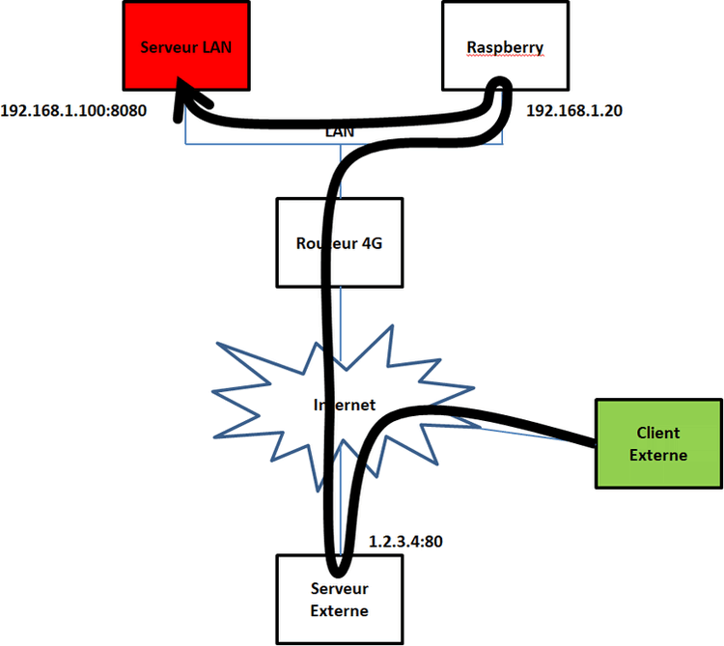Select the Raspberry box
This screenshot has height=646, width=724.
505,43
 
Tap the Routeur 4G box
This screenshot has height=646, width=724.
339,242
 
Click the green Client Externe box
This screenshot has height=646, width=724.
657,443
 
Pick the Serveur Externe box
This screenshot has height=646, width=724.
339,599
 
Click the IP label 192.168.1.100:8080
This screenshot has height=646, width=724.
73,110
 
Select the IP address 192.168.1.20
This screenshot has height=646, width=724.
573,110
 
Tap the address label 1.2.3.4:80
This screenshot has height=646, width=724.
405,542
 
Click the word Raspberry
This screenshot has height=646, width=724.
505,46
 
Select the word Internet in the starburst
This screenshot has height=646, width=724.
345,406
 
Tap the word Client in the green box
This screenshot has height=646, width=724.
658,433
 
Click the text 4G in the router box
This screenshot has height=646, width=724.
371,243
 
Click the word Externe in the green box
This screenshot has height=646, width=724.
658,454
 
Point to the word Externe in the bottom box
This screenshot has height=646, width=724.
339,610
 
